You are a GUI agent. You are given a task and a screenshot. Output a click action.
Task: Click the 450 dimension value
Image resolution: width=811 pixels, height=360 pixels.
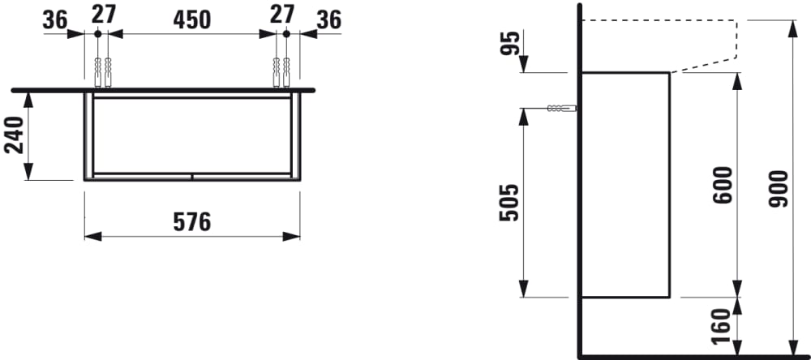(x=192, y=20)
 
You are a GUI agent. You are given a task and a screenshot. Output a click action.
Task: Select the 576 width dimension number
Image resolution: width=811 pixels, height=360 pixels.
(x=192, y=222)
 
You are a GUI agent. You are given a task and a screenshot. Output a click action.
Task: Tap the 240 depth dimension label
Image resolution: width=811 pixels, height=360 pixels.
(x=14, y=135)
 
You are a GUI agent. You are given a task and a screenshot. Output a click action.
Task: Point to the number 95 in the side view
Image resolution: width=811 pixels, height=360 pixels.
(x=509, y=44)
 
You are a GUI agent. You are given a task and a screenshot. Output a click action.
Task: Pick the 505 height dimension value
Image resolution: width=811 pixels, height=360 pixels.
(x=508, y=203)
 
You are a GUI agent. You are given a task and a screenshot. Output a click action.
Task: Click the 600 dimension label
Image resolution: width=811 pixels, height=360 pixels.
(x=723, y=185)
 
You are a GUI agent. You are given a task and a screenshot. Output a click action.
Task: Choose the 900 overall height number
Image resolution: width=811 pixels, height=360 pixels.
(x=778, y=189)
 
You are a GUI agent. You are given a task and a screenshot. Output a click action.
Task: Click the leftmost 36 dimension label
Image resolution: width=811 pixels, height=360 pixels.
(x=55, y=20)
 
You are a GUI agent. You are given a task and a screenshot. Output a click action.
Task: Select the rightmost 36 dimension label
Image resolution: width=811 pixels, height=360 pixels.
(x=329, y=20)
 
